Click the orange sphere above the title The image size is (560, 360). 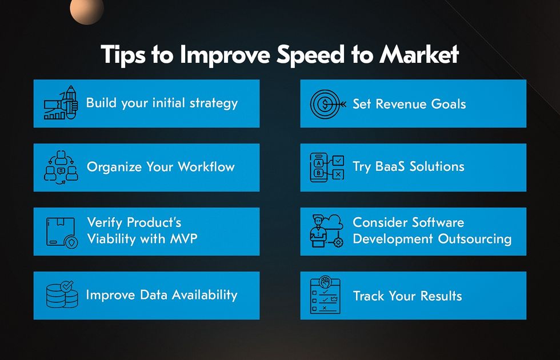click(x=87, y=11)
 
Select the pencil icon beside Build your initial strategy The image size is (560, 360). click(x=61, y=102)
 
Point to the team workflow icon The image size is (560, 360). click(x=61, y=167)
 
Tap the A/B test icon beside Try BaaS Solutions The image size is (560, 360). click(x=327, y=167)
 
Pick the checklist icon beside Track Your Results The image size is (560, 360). click(x=325, y=295)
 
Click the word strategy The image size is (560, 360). click(x=214, y=103)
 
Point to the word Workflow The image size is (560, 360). click(x=206, y=167)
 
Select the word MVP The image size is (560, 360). click(x=183, y=238)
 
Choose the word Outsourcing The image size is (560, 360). click(x=475, y=239)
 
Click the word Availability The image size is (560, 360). click(x=205, y=295)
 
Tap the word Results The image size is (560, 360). click(x=441, y=296)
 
